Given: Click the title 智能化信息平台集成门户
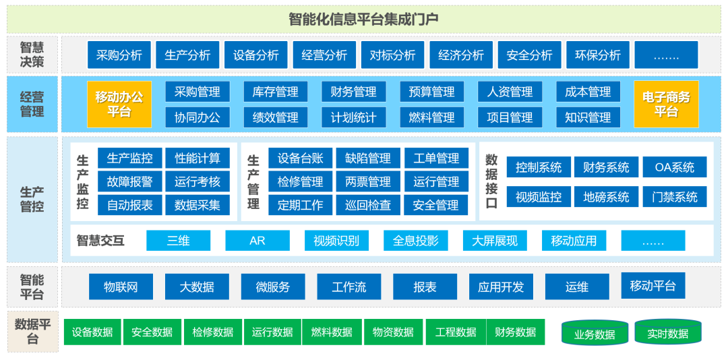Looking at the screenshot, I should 363,20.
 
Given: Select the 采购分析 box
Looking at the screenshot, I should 119,55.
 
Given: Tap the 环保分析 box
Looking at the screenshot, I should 598,55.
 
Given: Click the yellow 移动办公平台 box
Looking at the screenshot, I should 119,104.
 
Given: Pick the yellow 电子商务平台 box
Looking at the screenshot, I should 666,104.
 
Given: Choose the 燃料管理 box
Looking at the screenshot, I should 431,117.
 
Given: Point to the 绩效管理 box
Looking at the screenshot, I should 275,117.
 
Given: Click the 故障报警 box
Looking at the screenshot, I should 129,182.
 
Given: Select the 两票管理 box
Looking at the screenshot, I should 368,182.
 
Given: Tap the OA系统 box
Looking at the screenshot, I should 675,167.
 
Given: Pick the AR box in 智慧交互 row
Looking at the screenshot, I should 257,241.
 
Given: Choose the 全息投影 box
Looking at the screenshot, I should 415,241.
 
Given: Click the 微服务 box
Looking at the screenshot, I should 273,287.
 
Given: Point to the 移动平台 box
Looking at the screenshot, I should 653,286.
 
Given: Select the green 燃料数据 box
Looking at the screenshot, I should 332,332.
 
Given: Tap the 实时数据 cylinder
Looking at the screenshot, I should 667,333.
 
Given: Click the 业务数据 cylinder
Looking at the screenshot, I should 595,334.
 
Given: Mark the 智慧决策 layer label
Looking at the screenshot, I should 32,55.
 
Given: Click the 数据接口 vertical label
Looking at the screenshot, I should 491,181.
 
